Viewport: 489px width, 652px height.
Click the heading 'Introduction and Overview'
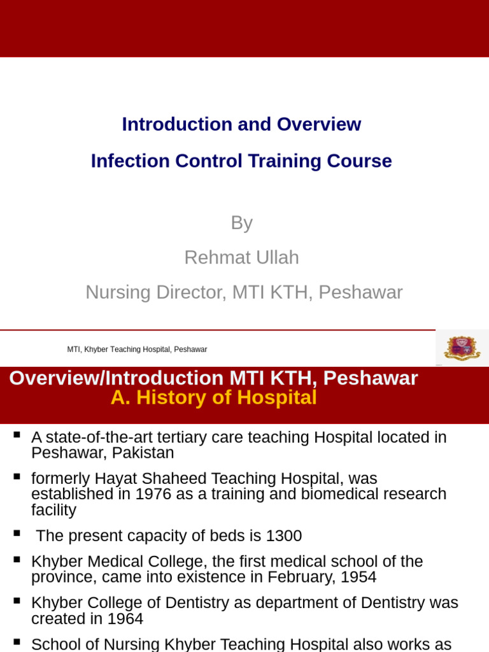[241, 124]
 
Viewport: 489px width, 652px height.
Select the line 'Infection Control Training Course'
[241, 161]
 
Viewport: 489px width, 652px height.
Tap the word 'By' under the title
[241, 223]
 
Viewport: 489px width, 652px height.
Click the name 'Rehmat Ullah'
[241, 258]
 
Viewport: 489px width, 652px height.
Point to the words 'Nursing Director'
[156, 292]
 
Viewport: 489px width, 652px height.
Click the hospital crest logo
[462, 348]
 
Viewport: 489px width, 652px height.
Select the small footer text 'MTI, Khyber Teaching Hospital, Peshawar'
[137, 350]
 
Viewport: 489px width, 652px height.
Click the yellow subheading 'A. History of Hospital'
[213, 398]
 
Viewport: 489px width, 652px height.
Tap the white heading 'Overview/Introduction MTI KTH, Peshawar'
[213, 378]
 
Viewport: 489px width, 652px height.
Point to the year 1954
[358, 578]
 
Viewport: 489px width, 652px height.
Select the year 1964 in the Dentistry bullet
[125, 619]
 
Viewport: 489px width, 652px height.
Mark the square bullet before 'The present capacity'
[17, 534]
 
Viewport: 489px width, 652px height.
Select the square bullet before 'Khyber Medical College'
[17, 560]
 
